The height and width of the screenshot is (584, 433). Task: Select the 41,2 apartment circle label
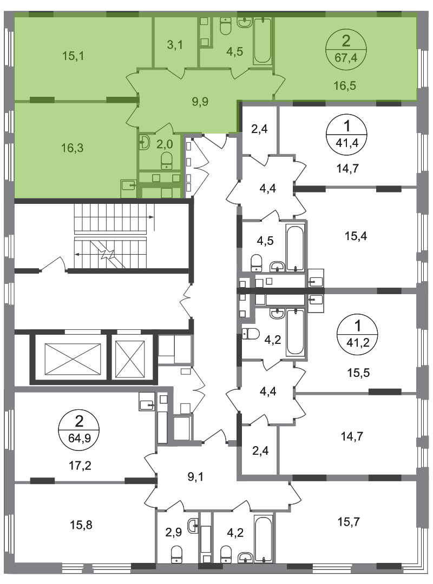point(357,334)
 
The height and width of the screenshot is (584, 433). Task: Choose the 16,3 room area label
point(73,148)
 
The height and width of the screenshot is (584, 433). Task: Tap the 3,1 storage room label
point(174,45)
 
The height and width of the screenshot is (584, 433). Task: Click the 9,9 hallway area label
point(200,101)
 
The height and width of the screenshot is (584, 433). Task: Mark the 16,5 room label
point(345,85)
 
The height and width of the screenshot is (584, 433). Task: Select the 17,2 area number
point(81,465)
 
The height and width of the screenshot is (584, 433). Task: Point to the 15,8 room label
point(81,525)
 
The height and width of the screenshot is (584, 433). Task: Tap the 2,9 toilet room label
point(173,532)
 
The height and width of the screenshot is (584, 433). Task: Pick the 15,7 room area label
point(349,522)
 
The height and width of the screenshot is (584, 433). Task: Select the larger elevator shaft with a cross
point(73,359)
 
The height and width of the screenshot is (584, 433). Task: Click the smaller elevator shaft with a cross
point(130,359)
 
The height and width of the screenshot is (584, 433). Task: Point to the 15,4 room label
point(356,236)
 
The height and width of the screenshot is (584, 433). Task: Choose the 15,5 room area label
point(358,373)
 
